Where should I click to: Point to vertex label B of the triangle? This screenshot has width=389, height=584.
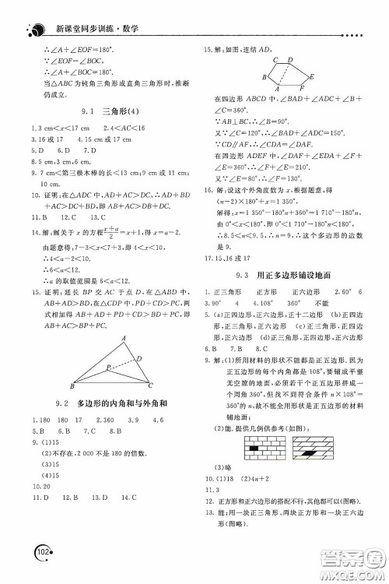click(x=72, y=385)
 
